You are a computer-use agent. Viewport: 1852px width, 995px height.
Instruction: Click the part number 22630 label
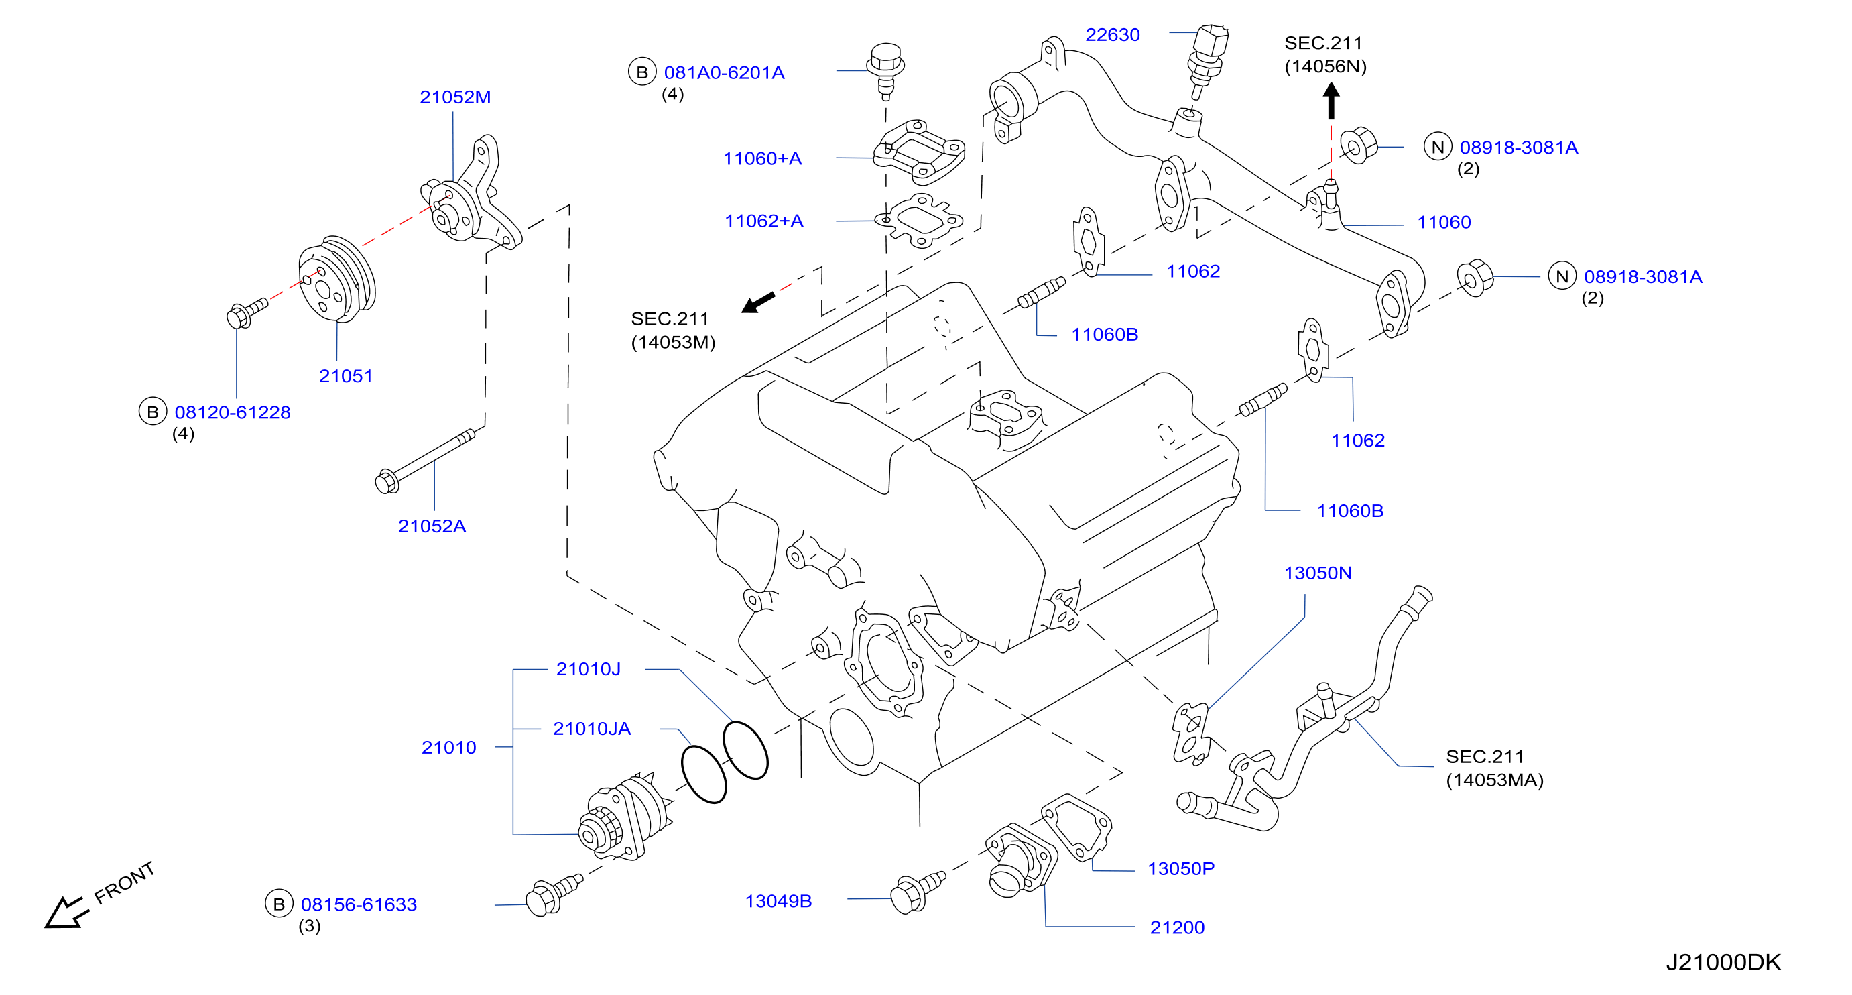coord(1112,34)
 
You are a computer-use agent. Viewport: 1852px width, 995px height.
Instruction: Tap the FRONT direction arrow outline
coord(66,913)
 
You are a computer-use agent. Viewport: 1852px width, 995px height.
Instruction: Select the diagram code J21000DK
coord(1723,962)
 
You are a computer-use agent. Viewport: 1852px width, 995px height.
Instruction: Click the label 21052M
coord(455,97)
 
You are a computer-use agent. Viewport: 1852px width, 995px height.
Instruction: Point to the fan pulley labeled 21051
coord(337,279)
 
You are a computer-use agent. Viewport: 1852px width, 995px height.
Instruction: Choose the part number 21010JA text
coord(592,728)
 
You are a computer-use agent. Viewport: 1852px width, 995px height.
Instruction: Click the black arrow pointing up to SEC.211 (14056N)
coord(1331,101)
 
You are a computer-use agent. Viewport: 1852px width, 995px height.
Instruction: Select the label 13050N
coord(1318,573)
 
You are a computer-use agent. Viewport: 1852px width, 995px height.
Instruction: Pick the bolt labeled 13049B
coord(918,892)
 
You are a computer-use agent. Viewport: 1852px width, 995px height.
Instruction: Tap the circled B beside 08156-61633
coord(279,904)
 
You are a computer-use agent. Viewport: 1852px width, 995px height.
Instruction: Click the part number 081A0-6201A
coord(724,72)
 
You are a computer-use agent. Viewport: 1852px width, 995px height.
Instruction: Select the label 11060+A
coord(762,158)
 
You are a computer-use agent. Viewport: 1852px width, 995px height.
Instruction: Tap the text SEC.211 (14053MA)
coord(1495,768)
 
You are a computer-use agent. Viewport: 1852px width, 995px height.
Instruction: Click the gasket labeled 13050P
coord(1076,827)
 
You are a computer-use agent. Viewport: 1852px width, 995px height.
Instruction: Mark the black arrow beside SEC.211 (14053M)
coord(758,302)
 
